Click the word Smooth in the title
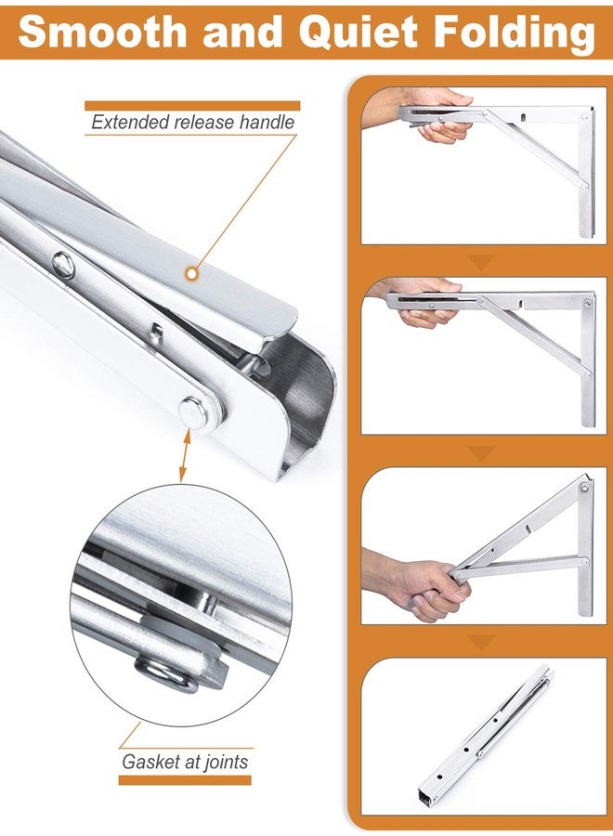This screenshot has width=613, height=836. pos(103,32)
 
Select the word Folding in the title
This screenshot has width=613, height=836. pos(515,34)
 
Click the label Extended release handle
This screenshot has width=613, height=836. pos(192,122)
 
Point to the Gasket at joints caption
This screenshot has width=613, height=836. pos(185,762)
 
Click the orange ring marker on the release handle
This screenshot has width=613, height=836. pos(191,273)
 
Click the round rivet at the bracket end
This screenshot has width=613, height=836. pos(194,412)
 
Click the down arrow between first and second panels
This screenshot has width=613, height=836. pos(481,262)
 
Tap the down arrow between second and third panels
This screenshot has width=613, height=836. pos(481,453)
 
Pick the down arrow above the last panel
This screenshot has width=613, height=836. pos(481,643)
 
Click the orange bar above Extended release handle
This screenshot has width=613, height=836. pos(192,106)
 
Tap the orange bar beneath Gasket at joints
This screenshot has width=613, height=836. pos(185,780)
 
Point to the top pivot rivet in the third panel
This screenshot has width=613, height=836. pos(585,488)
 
